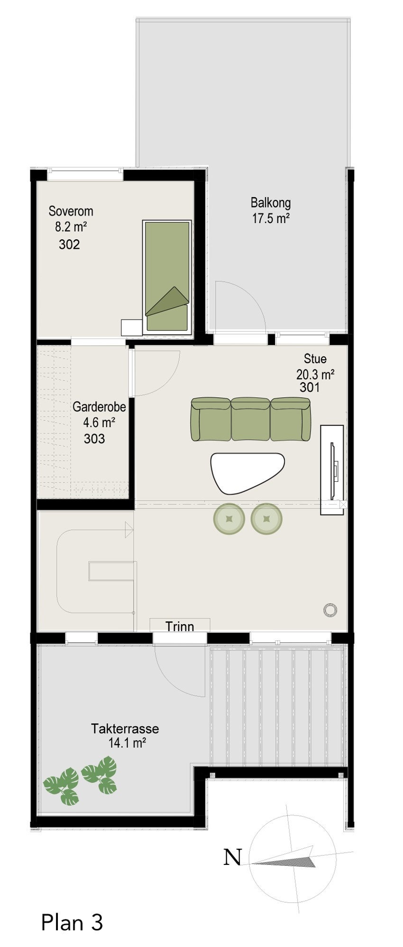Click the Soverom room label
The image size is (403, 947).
(71, 211)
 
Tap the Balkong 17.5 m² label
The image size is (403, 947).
(271, 210)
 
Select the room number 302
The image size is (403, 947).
(69, 244)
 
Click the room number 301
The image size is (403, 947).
(310, 387)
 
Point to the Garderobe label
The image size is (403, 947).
(99, 407)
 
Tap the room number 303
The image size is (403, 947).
(94, 439)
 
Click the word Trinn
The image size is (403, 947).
(180, 627)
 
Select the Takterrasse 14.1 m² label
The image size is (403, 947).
(125, 735)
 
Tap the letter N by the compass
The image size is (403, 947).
(232, 857)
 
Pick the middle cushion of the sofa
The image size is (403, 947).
(251, 419)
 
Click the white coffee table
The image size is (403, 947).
(247, 471)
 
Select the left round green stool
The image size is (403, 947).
(229, 518)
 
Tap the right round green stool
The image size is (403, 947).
(266, 518)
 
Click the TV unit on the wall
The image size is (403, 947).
(331, 469)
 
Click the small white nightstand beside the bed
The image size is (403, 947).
(132, 328)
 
